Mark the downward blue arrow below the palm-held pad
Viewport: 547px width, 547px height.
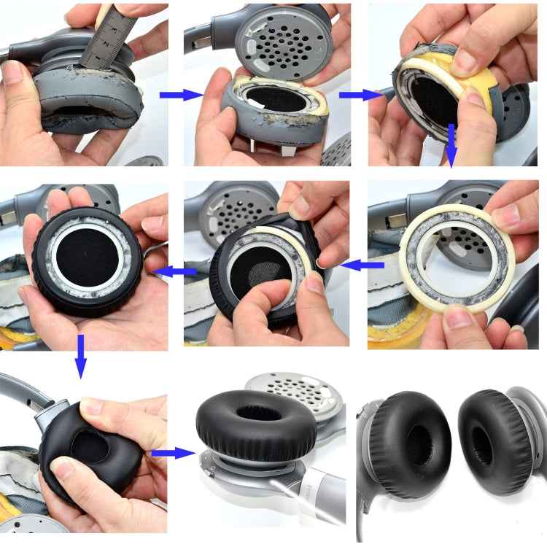click(80, 357)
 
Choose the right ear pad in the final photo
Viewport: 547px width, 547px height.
click(495, 441)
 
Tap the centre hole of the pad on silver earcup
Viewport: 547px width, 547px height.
click(259, 414)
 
